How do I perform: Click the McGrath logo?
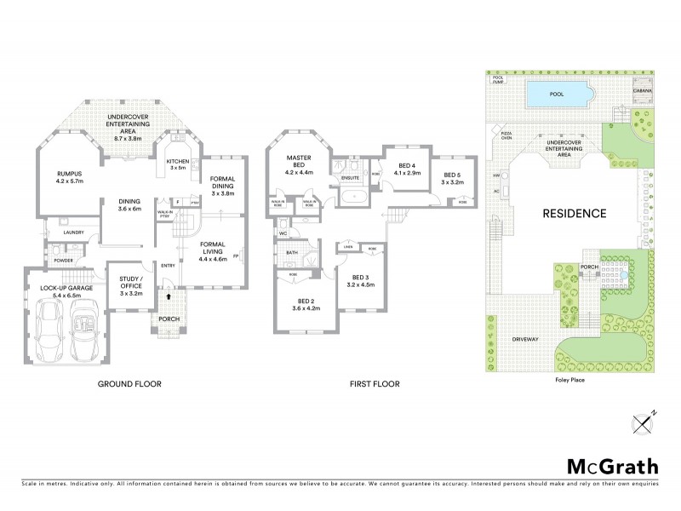[612, 466]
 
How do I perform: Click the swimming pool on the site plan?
[558, 95]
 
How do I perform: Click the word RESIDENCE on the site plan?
[575, 214]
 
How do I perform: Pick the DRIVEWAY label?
[525, 339]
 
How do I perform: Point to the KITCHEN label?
[177, 161]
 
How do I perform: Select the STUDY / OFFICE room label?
[130, 281]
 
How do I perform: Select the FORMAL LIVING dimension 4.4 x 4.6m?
[213, 258]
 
